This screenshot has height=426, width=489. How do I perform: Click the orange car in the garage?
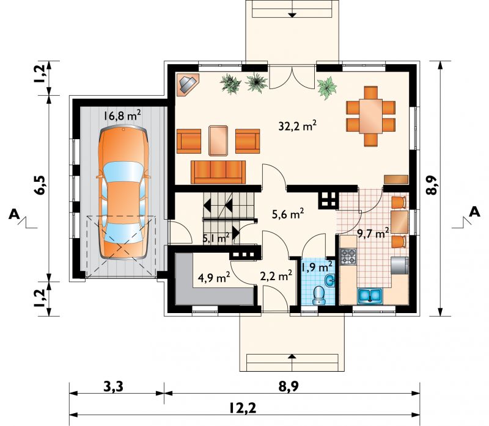point(123,192)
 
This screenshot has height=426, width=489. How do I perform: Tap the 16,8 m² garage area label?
point(122,115)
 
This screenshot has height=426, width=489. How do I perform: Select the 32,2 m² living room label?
point(298,126)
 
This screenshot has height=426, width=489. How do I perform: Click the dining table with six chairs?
point(370,116)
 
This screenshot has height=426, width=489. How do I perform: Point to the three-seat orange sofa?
point(218,172)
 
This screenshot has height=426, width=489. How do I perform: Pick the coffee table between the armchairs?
point(218,140)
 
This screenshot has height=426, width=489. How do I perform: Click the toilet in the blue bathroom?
point(319,295)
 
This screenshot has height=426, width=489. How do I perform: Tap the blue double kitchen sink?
point(370,295)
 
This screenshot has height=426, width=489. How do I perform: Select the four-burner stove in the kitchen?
point(348,256)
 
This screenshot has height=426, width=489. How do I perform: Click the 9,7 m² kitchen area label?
point(373,233)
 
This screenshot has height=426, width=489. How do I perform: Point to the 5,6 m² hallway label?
point(288,214)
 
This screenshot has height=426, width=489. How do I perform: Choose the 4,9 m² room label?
point(215,277)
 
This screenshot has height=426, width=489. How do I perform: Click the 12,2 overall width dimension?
point(243,408)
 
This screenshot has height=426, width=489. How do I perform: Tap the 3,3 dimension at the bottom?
point(113,387)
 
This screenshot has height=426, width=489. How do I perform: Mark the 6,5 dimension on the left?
point(40,186)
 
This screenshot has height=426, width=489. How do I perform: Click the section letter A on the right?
point(475,212)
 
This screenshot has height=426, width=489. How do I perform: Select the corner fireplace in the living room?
point(188,84)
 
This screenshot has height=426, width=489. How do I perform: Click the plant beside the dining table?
point(327,88)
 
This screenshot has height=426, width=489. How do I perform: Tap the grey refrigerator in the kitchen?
point(400,265)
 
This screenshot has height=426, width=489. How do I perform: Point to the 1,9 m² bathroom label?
point(317,267)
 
